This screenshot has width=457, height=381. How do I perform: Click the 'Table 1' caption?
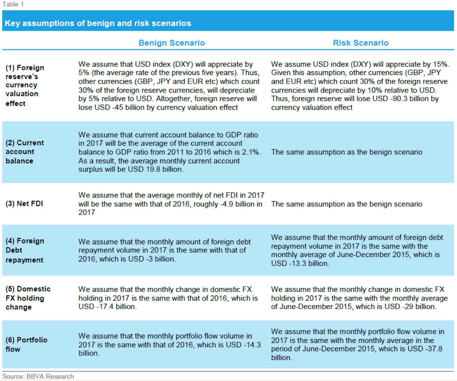(13, 4)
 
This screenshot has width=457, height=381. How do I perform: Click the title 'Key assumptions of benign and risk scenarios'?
(98, 23)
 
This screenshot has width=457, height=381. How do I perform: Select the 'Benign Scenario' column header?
(172, 43)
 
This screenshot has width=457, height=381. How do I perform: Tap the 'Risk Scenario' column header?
(361, 43)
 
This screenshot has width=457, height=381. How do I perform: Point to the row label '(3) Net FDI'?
(24, 204)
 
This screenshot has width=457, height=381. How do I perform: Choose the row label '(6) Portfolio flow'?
(27, 344)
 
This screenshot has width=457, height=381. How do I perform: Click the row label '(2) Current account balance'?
(25, 152)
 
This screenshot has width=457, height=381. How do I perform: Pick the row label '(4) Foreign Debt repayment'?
(25, 250)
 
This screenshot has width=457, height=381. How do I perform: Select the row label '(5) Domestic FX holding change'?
(28, 298)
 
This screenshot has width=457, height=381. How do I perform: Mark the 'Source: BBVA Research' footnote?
(38, 376)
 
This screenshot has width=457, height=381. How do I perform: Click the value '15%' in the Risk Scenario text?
(440, 64)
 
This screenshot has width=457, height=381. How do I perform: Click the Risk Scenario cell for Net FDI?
(347, 204)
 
